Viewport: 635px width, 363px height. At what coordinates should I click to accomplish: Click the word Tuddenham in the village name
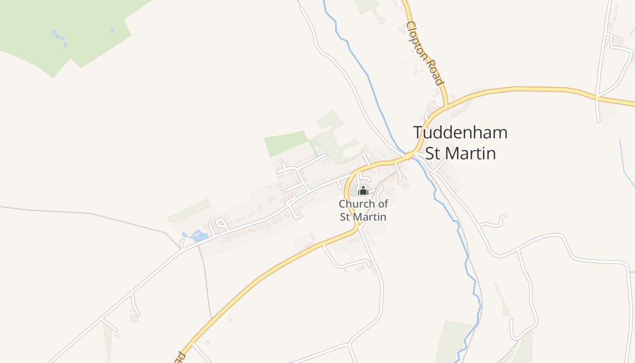pos(460,133)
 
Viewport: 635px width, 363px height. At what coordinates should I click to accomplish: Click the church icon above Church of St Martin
pos(363,191)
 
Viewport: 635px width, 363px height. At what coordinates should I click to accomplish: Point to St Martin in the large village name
pos(460,153)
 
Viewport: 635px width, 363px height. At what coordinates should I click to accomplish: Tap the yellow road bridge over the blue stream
pos(410,155)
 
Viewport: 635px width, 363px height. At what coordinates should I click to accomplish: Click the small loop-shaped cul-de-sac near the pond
pos(221,223)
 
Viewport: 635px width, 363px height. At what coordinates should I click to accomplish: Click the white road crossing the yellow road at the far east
pos(598,98)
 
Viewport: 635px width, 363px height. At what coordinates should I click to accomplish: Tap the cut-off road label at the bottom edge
pos(181,356)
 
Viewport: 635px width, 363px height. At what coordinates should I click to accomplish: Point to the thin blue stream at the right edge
pos(626,163)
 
